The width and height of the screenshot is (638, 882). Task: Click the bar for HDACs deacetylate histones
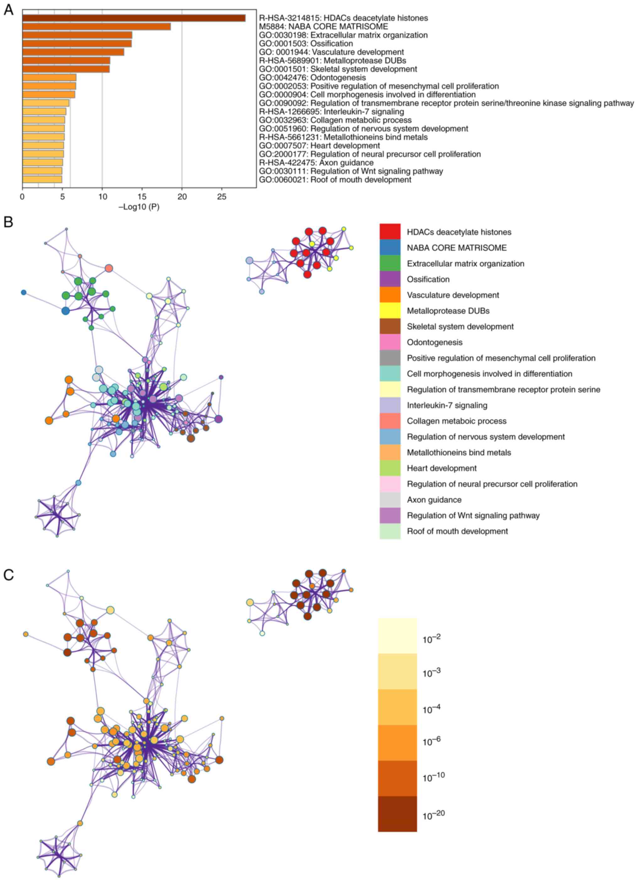click(134, 18)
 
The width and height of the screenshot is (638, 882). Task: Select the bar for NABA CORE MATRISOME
click(96, 26)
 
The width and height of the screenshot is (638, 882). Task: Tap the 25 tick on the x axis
click(222, 197)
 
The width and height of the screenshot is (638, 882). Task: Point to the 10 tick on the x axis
click(102, 197)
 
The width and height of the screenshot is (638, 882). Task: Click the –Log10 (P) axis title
click(139, 207)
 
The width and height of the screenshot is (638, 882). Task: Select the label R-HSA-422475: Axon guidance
click(316, 163)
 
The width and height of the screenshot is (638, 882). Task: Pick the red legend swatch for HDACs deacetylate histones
click(390, 232)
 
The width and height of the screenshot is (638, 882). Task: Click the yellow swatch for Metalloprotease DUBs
click(390, 311)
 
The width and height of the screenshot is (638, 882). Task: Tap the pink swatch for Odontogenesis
click(390, 342)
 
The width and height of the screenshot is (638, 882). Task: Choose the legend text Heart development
click(442, 468)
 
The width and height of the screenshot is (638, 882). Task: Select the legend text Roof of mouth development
click(457, 531)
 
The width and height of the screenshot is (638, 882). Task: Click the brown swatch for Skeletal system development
click(390, 327)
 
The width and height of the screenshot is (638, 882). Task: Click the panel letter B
click(8, 222)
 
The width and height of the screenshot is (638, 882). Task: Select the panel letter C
click(8, 575)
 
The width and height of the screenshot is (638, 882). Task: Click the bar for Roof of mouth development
click(42, 179)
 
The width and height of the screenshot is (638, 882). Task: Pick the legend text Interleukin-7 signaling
click(447, 405)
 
